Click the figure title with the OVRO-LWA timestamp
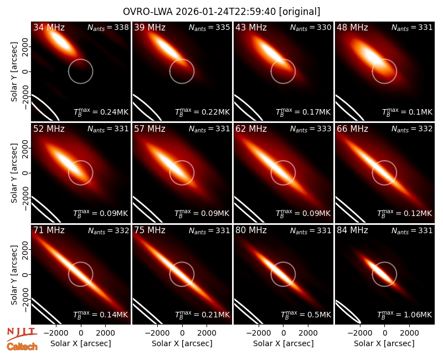point(221,12)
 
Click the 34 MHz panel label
point(49,27)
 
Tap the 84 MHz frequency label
point(352,230)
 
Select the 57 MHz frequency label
point(150,129)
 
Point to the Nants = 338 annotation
point(108,27)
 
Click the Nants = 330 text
point(311,27)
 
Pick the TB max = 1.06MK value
point(405,314)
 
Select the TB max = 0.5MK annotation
point(306,314)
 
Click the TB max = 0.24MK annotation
point(101,112)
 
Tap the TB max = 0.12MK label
point(405,213)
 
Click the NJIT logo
point(22,334)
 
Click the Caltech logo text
point(22,347)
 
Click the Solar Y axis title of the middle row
point(14,173)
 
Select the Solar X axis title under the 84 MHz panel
point(384,343)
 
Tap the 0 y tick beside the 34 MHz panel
point(25,71)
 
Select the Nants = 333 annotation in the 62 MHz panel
point(311,129)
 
